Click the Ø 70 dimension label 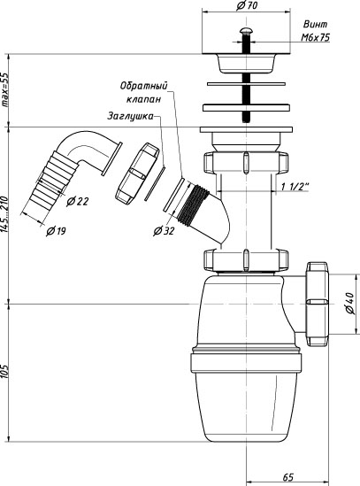247,5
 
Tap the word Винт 315,24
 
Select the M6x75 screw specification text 316,37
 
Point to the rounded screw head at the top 246,31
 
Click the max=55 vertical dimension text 5,90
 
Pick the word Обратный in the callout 144,86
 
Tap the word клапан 144,99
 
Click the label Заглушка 130,116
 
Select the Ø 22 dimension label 78,202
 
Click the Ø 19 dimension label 56,231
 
